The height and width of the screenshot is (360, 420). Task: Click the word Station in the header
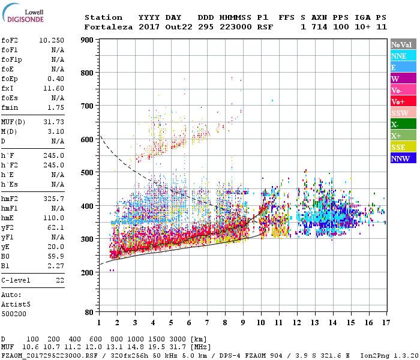pos(103,17)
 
